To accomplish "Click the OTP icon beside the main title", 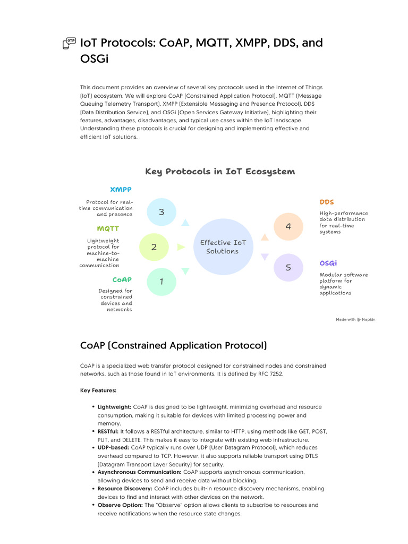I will point(69,44).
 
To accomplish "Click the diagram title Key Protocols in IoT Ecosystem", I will point(219,172).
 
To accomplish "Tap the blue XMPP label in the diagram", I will point(121,190).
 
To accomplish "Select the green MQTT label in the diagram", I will point(108,229).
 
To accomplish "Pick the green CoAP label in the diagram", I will point(122,279).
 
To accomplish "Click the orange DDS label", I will point(327,202).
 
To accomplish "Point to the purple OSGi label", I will point(328,263).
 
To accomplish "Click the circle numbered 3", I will point(161,212).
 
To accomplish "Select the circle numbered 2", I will point(154,247).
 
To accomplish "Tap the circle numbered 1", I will point(161,282).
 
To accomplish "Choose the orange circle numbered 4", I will point(288,226).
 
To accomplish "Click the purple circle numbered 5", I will point(288,267).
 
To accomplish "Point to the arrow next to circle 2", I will point(181,247).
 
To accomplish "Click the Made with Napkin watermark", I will point(355,319).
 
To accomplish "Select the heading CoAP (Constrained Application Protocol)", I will point(173,346).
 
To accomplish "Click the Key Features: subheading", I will point(98,390).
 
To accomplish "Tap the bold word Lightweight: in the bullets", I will point(115,407).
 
